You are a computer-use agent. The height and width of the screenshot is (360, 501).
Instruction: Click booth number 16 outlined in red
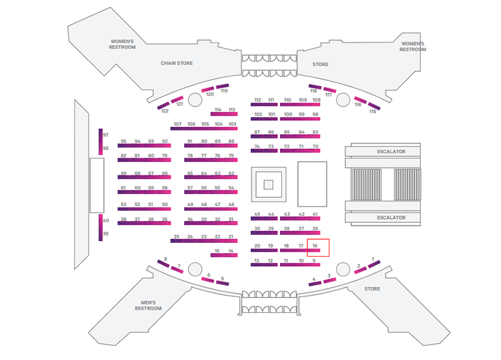point(318,247)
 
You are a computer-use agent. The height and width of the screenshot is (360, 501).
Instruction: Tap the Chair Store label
point(177,63)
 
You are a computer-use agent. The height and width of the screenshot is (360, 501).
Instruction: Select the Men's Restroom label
point(148,306)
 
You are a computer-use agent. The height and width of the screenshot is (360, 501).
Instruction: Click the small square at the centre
point(268,185)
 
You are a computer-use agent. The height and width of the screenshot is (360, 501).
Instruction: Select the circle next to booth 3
point(342,269)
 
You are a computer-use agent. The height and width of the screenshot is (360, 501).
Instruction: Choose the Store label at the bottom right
point(372,289)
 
